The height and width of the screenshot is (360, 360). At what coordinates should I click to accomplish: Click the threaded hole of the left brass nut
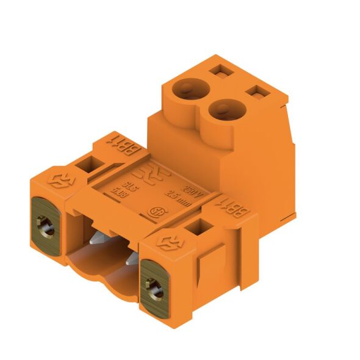[x=47, y=228]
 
